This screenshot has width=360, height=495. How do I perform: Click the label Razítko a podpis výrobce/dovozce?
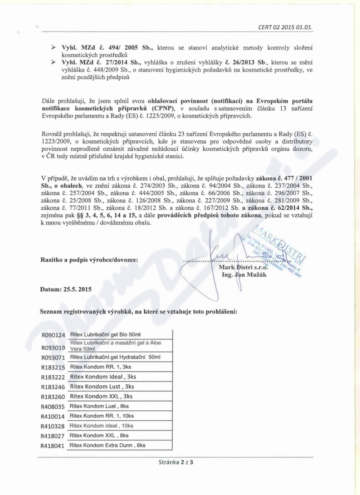89,259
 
